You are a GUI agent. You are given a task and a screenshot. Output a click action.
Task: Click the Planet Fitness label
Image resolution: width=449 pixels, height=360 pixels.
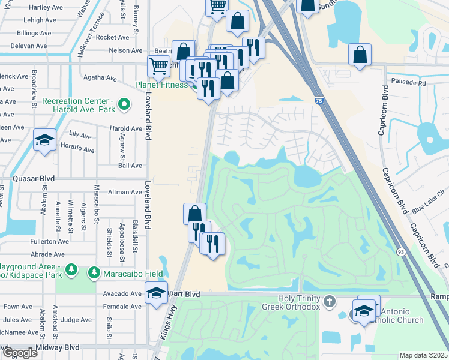pyautogui.click(x=163, y=85)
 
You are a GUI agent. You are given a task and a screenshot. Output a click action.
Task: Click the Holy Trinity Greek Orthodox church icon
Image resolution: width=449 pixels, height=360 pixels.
pyautogui.click(x=328, y=300)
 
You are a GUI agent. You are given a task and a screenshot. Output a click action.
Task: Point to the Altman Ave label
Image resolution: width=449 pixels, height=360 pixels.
pyautogui.click(x=124, y=192)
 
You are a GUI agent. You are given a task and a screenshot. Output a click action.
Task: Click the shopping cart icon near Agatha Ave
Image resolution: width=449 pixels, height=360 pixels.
pyautogui.click(x=158, y=66)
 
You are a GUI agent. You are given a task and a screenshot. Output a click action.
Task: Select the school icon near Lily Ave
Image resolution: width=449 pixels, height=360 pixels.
pyautogui.click(x=44, y=140)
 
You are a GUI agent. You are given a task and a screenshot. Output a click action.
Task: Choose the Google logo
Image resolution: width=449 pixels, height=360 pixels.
pyautogui.click(x=20, y=353)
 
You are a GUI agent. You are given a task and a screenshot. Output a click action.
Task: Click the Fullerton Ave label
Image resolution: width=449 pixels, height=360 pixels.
pyautogui.click(x=49, y=241)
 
